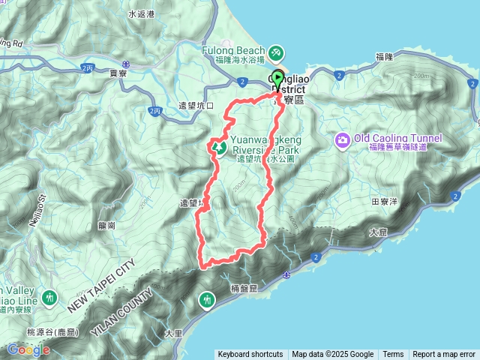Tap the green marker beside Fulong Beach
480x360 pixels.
tap(276, 52)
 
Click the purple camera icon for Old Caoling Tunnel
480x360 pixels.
tap(343, 140)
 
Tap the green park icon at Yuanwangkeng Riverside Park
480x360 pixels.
tap(220, 147)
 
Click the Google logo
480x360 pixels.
tap(28, 349)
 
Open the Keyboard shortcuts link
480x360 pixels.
tap(250, 355)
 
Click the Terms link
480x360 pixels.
tap(393, 355)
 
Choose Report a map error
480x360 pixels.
tap(444, 355)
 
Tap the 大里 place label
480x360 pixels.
tap(173, 332)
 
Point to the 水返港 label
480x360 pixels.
tap(141, 14)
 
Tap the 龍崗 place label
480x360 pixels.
tap(106, 225)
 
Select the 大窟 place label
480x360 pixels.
tap(379, 233)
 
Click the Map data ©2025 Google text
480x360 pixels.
tap(333, 355)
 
